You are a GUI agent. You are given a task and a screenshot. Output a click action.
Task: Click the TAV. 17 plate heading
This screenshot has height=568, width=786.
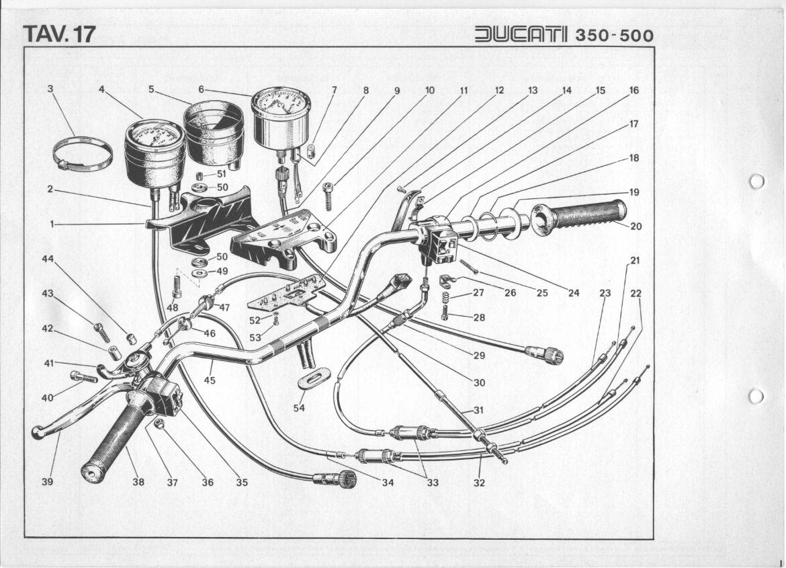click(59, 34)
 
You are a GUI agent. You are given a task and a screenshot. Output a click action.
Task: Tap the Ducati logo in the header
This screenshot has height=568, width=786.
click(521, 34)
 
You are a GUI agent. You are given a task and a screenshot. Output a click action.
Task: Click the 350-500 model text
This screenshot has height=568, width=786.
click(614, 35)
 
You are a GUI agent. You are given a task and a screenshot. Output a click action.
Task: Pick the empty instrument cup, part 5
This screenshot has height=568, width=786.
click(214, 131)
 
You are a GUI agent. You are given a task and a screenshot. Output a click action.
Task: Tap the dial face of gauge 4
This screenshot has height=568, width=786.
click(155, 136)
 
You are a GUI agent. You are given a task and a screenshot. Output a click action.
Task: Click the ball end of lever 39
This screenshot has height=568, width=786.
click(38, 434)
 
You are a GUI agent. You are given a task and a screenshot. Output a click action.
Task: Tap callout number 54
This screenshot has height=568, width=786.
click(300, 407)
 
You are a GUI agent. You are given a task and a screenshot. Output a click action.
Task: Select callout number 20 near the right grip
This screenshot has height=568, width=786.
click(636, 226)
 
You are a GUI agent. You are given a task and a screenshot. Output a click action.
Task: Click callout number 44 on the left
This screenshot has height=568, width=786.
click(48, 259)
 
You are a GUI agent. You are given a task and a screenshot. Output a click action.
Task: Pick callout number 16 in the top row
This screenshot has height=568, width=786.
click(634, 90)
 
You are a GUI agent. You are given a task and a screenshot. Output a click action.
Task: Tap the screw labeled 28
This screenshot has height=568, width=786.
click(445, 311)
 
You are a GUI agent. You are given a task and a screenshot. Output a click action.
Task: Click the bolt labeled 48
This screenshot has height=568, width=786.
click(177, 287)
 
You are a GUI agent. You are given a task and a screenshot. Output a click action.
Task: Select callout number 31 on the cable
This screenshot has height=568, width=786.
click(478, 409)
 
